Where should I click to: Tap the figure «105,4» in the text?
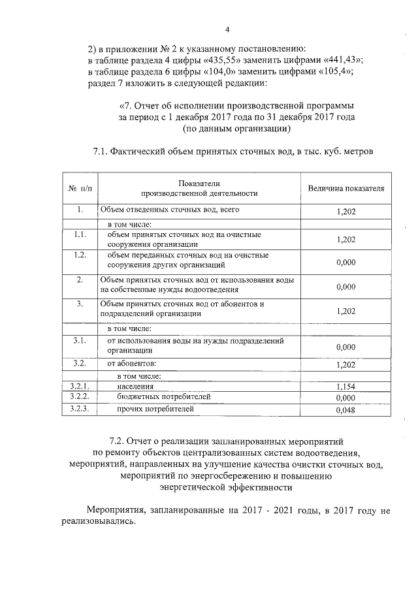tap(328, 72)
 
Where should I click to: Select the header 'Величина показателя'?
tap(346, 189)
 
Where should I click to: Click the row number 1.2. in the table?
tap(80, 255)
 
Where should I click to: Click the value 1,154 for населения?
tap(345, 387)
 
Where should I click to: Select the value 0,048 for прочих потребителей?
tap(345, 411)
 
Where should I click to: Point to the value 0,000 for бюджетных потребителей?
tap(345, 398)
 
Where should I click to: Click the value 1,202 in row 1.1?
tap(345, 240)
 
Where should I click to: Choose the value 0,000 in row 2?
tap(345, 287)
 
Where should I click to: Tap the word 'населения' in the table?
tap(136, 387)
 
